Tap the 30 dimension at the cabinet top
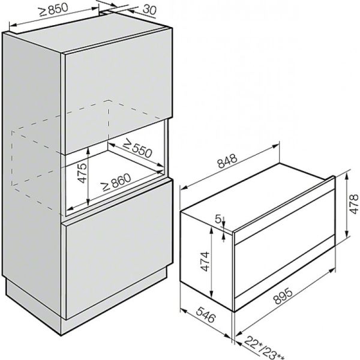click(150, 10)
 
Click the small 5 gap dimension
click(218, 220)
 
